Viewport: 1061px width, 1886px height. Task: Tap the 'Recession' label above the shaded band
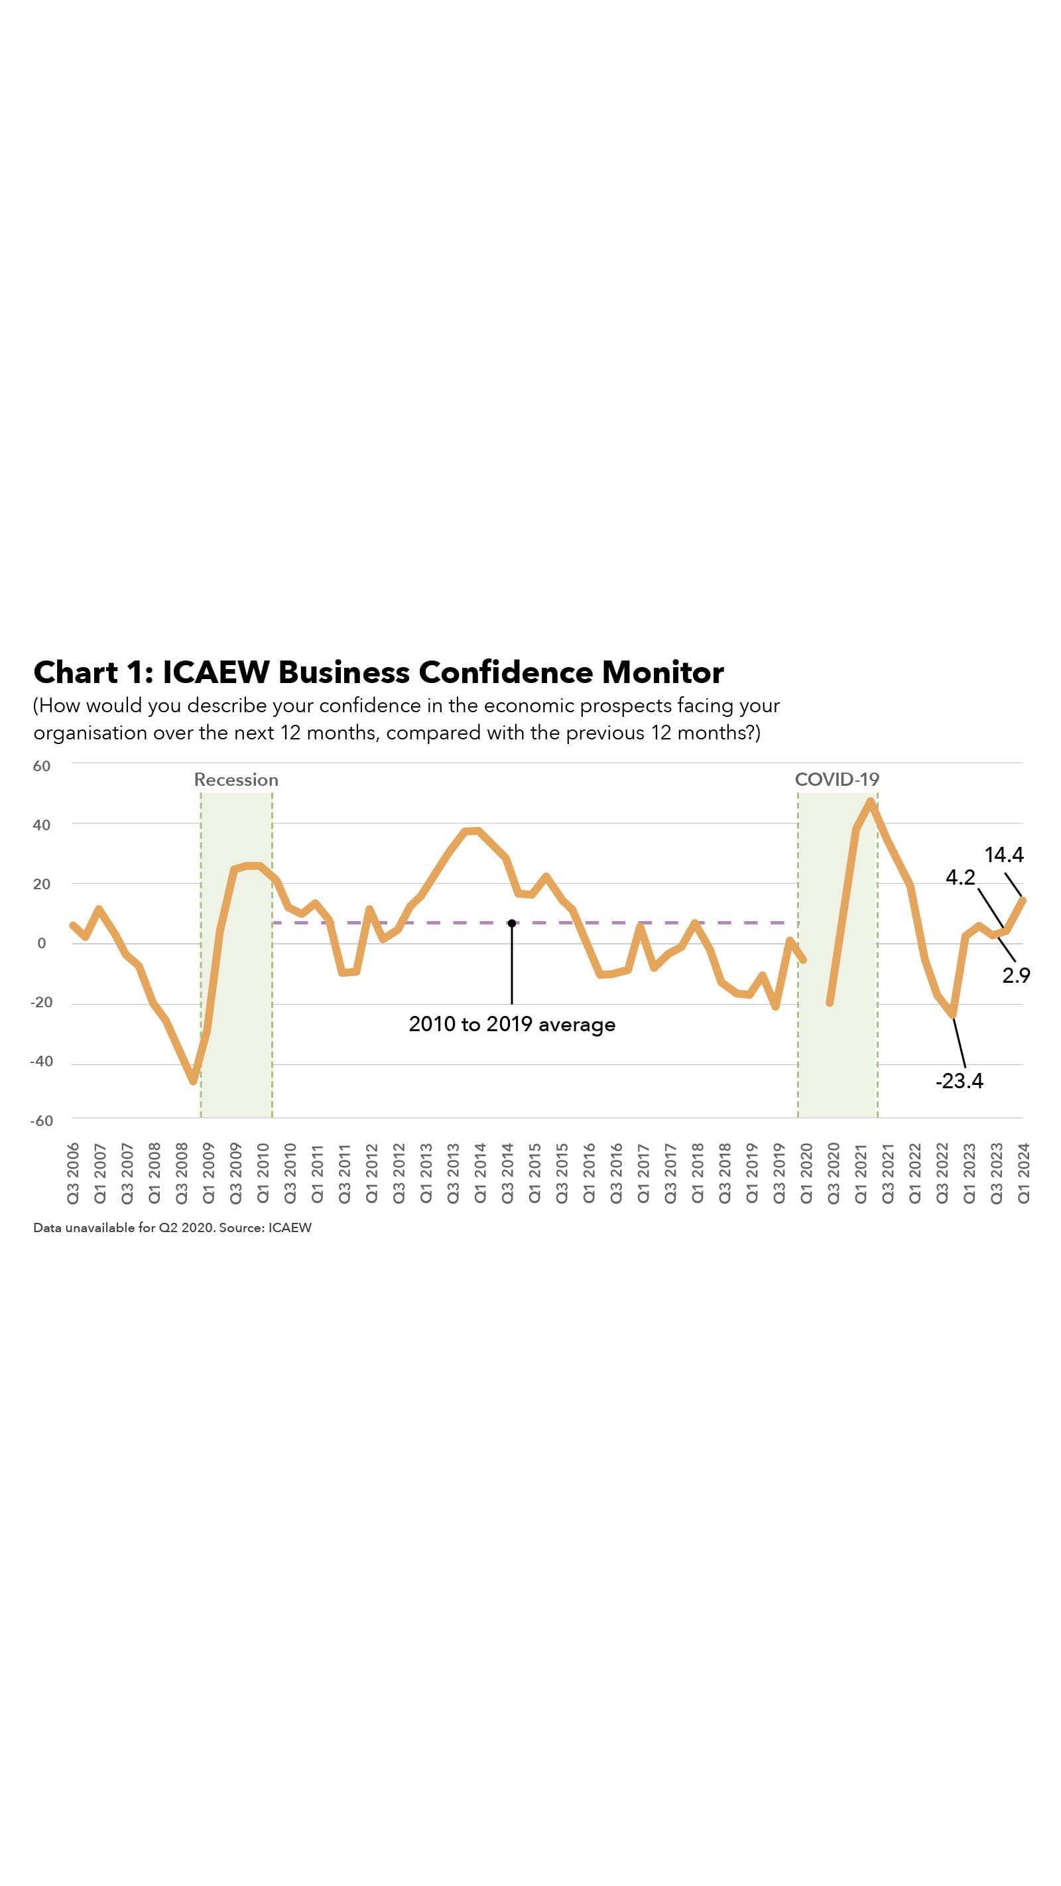236,780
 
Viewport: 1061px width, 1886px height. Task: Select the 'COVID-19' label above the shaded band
836,780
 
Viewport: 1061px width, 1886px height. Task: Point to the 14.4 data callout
1003,854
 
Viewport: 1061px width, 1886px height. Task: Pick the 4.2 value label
960,877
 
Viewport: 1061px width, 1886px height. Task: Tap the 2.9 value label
1016,975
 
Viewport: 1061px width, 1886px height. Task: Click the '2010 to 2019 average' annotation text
511,1025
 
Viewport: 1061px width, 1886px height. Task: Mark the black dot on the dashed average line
511,923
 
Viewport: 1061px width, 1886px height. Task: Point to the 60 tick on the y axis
42,766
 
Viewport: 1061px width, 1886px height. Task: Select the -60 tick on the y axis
41,1120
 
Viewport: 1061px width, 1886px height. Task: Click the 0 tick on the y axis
42,943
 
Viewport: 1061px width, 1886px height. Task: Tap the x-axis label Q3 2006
72,1173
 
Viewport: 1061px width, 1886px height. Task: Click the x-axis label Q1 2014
479,1173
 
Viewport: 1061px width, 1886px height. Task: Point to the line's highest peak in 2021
870,802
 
